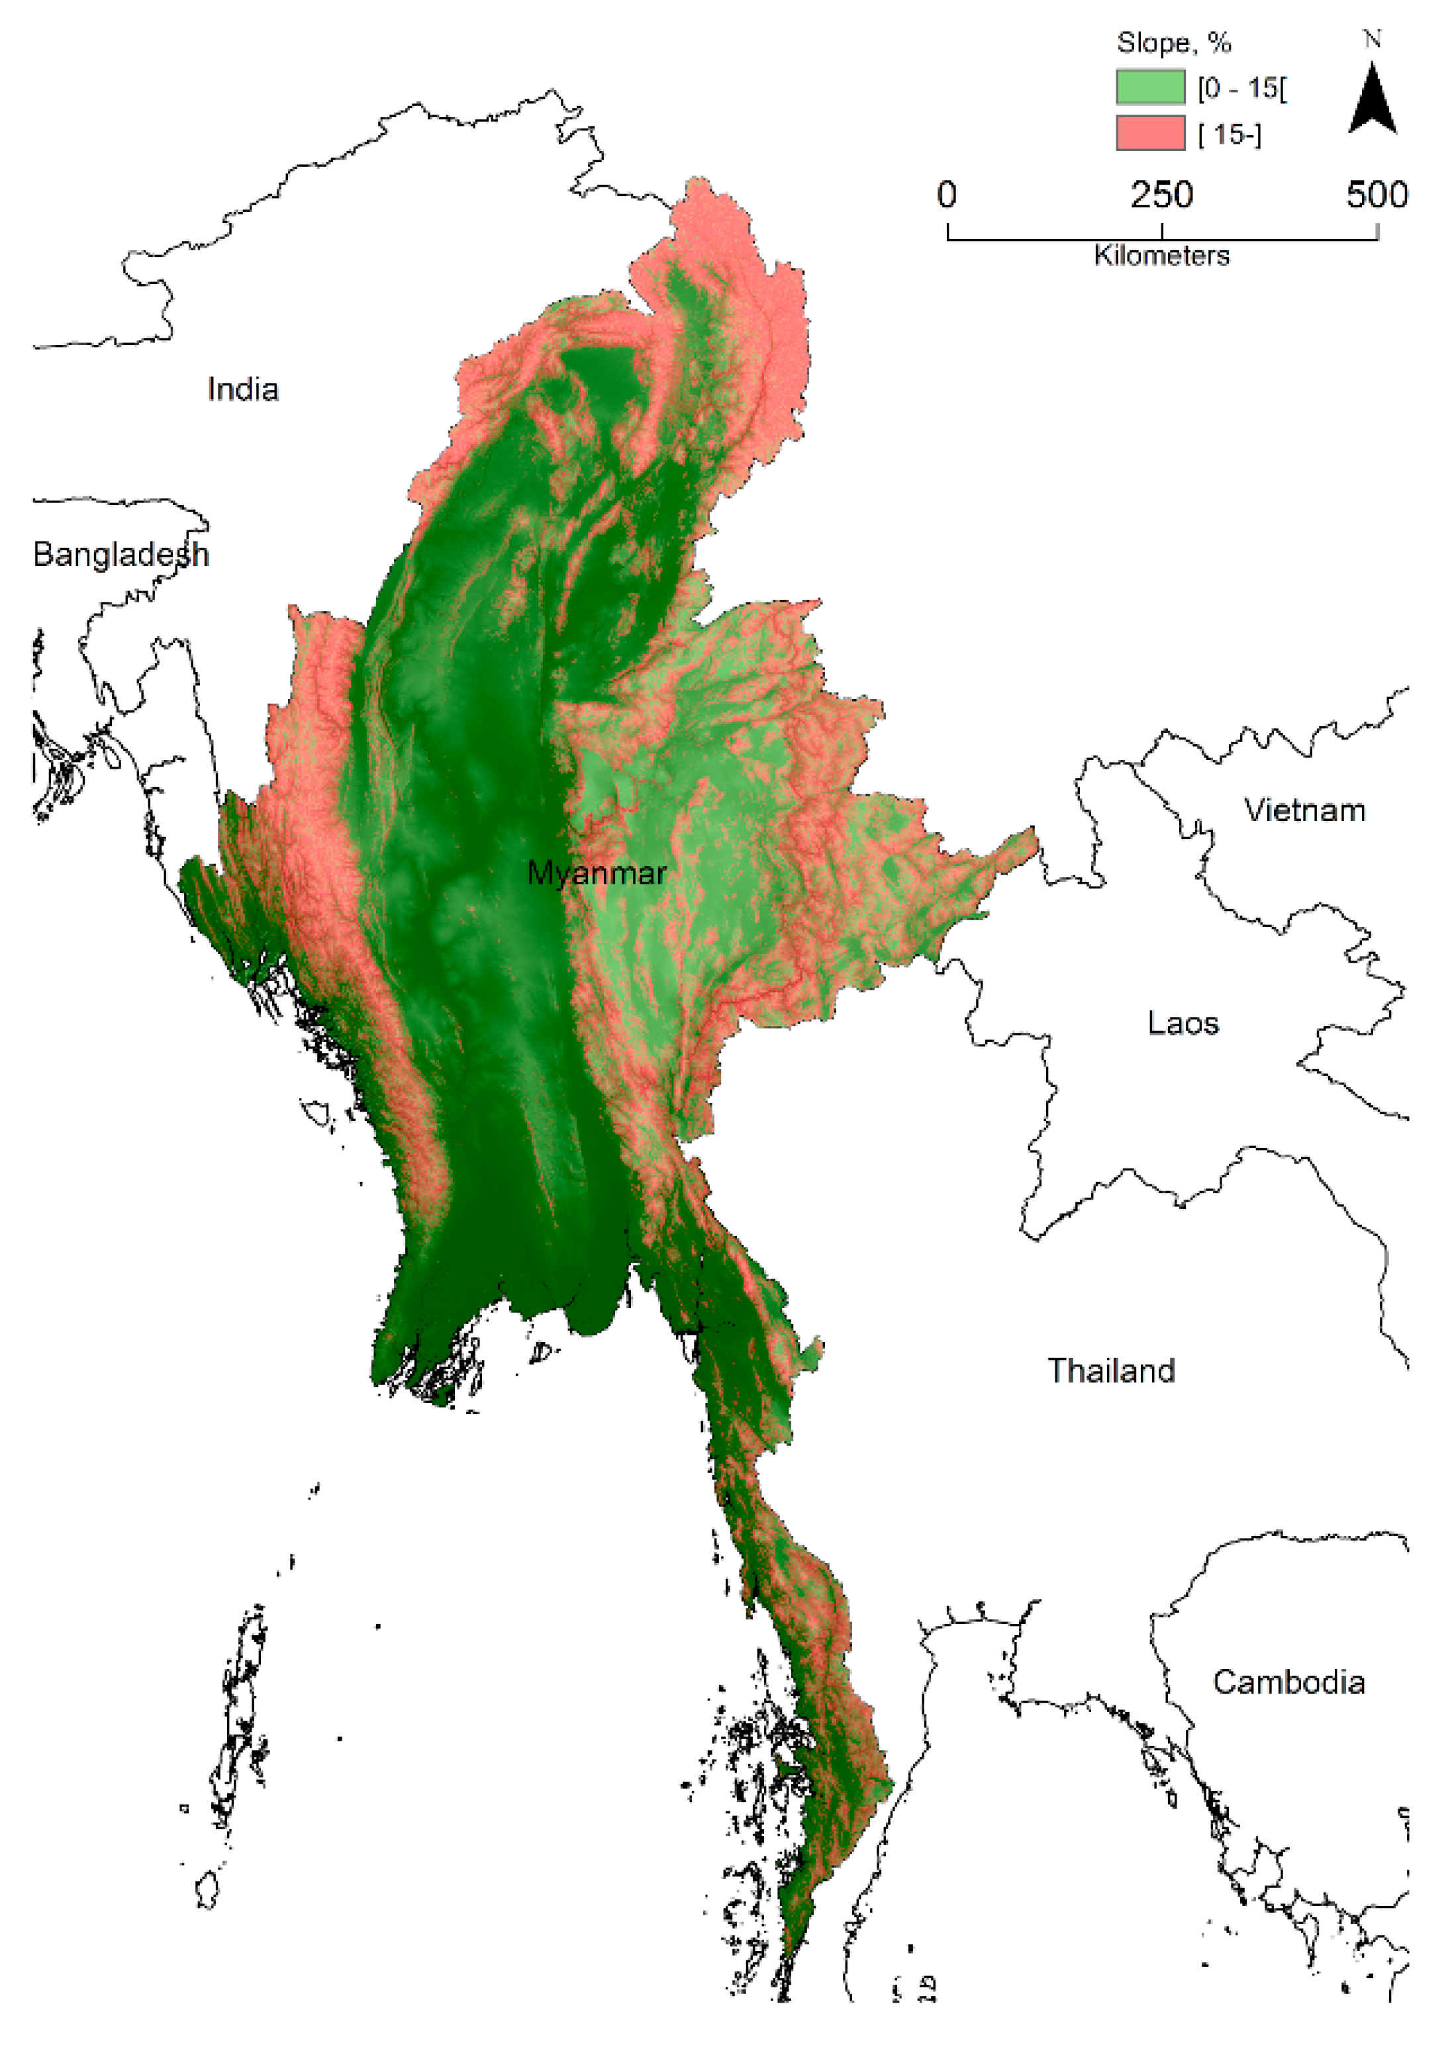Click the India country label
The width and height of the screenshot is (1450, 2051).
(242, 389)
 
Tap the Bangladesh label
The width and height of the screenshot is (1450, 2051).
(121, 555)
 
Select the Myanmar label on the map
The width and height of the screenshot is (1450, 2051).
(596, 873)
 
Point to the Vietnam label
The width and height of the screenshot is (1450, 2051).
(1304, 810)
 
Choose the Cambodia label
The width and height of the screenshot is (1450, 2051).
(1288, 1682)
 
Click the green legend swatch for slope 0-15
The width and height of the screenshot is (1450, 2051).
(1150, 87)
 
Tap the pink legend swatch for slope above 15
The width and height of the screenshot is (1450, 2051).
(1150, 133)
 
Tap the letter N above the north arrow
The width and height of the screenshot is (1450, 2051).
(1373, 39)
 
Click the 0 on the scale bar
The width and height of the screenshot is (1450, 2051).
(947, 195)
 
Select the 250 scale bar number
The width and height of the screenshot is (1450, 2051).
(1161, 195)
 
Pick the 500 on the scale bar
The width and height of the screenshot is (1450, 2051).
(1377, 195)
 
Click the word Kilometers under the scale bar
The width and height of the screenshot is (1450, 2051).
(1161, 256)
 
